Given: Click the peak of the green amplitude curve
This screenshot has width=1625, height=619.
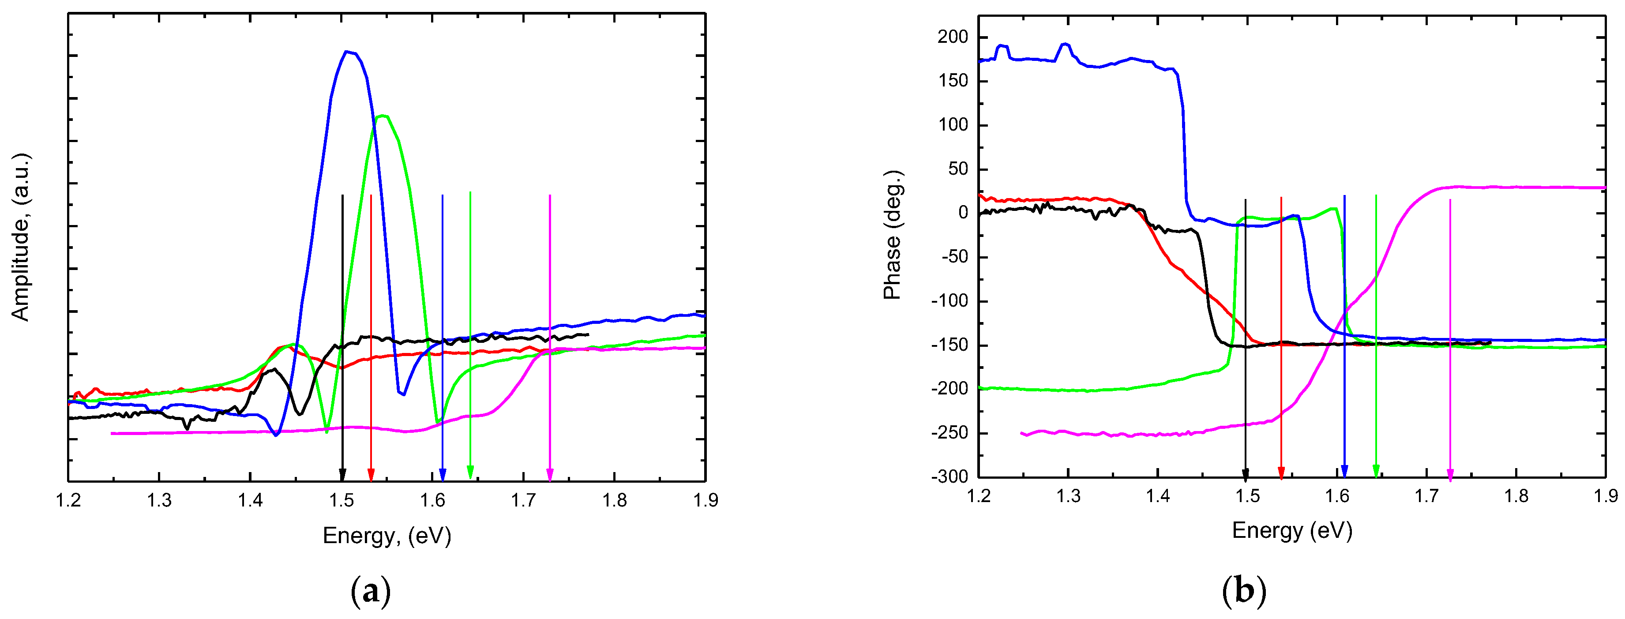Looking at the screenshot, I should pyautogui.click(x=382, y=116).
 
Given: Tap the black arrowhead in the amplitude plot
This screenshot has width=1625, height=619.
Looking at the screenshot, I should pyautogui.click(x=342, y=474).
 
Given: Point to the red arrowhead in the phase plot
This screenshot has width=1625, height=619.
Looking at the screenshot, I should pyautogui.click(x=1281, y=473).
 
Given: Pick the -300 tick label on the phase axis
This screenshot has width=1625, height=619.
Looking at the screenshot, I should pyautogui.click(x=949, y=477).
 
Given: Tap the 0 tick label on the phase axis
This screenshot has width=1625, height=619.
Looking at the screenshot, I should pyautogui.click(x=963, y=213).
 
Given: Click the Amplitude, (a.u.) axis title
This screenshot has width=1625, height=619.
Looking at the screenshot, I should pyautogui.click(x=20, y=237).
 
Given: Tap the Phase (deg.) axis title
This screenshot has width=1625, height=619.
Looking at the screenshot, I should pyautogui.click(x=892, y=235).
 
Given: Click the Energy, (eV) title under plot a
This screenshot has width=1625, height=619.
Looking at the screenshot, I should pyautogui.click(x=387, y=536).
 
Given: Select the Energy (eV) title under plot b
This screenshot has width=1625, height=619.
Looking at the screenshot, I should pyautogui.click(x=1292, y=530).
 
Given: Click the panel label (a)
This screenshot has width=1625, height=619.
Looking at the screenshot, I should pyautogui.click(x=370, y=591).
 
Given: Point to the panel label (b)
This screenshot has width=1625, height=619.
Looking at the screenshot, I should pyautogui.click(x=1244, y=591).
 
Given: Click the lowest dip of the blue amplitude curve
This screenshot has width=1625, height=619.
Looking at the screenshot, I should pyautogui.click(x=276, y=435).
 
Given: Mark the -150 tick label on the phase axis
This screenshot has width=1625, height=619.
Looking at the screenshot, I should pyautogui.click(x=949, y=345).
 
